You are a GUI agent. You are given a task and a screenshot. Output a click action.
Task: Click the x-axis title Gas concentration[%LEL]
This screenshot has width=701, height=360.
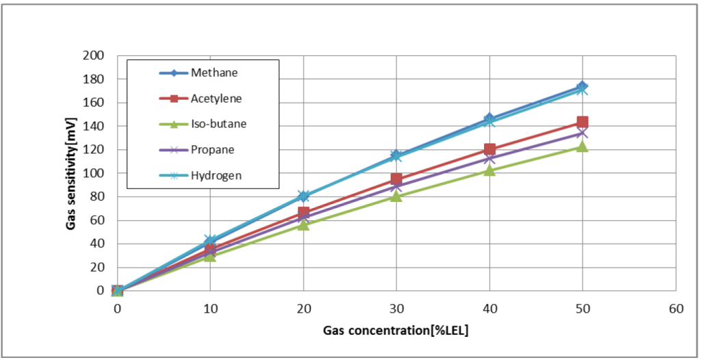(x=396, y=331)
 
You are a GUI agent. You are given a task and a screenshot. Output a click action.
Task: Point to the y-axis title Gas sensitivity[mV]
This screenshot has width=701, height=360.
(x=71, y=172)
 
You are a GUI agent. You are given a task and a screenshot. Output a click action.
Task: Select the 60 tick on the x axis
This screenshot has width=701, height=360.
(x=676, y=309)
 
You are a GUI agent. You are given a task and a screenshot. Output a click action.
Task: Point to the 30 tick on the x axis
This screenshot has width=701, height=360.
(x=396, y=309)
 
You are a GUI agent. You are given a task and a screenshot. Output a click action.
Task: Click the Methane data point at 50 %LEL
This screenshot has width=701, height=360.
(x=582, y=86)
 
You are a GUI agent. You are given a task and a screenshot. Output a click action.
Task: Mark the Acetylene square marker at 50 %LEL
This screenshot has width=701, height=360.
(x=583, y=123)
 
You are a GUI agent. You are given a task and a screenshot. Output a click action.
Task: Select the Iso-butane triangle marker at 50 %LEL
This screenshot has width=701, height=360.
(x=583, y=146)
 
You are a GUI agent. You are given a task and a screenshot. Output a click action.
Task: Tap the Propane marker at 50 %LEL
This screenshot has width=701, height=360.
(x=583, y=133)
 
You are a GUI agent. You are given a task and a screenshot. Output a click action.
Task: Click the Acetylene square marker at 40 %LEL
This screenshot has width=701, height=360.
(x=489, y=149)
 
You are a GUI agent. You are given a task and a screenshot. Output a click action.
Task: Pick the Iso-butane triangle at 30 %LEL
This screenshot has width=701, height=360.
(x=396, y=196)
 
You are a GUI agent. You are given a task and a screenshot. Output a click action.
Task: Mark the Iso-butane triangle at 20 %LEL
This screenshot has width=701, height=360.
(x=303, y=224)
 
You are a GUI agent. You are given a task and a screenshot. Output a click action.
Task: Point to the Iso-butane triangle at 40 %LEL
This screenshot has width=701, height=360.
(x=489, y=170)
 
